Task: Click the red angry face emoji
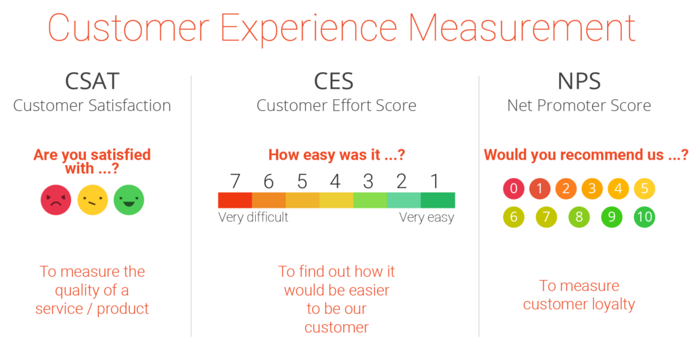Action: tap(55, 200)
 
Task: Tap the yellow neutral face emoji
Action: tap(92, 200)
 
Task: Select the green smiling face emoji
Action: tap(129, 200)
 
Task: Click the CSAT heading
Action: tap(92, 81)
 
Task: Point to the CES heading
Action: tap(334, 81)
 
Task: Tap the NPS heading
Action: tap(579, 81)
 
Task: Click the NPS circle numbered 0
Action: tap(514, 189)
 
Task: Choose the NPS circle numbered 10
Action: tap(644, 217)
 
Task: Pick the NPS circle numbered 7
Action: tap(546, 217)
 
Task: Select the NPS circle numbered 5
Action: tap(644, 189)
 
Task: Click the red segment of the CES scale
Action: tap(235, 200)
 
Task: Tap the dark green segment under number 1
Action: tap(438, 200)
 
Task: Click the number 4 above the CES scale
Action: tap(335, 181)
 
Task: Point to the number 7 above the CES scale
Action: tap(235, 181)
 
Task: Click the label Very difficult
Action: tap(253, 217)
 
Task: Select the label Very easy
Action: tap(426, 217)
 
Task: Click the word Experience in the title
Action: tap(309, 28)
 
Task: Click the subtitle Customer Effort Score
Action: tap(336, 106)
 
